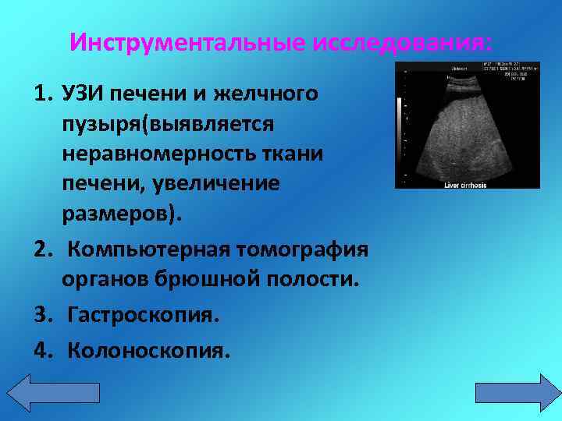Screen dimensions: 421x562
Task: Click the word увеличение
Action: (x=232, y=185)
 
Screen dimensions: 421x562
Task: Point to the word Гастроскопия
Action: (x=143, y=315)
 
